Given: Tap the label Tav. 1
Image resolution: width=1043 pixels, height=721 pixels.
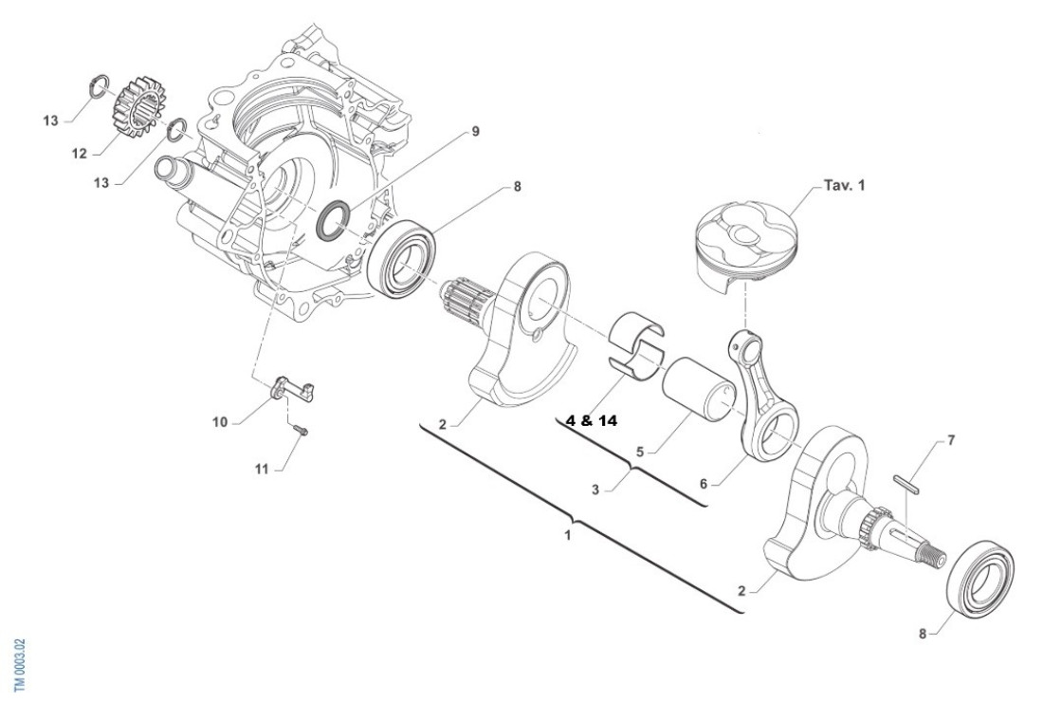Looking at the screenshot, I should coord(845,186).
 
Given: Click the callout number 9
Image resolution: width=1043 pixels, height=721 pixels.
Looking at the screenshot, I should coord(475,134).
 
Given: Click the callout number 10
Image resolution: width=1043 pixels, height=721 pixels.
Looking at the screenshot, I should coord(219,422).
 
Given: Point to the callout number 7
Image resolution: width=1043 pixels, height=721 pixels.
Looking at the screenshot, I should coord(951,441).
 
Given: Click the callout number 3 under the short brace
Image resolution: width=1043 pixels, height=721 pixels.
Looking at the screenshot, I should coord(596,490).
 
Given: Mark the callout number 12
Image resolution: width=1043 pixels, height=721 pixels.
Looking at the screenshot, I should coord(80,153).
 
